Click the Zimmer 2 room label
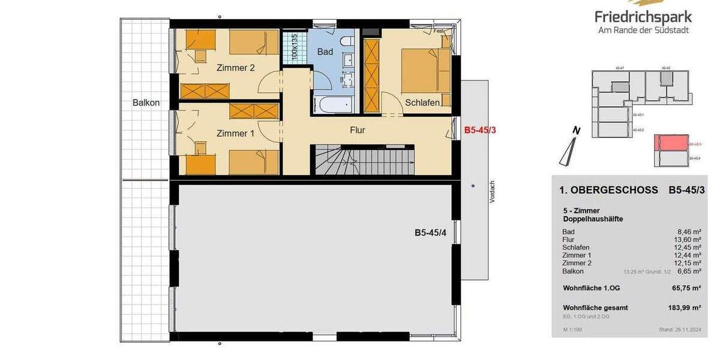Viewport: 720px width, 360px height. pos(235,68)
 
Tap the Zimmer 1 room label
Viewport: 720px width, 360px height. pos(235,133)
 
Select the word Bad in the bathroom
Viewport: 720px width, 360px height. pos(325,52)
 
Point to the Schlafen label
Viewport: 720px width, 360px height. pos(427,102)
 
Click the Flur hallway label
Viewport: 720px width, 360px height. pos(357,130)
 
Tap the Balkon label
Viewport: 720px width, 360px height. pos(146,103)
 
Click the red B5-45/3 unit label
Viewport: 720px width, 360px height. pos(480,129)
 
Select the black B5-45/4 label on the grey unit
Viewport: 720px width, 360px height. pos(431,233)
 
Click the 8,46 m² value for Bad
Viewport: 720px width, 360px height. pos(689,232)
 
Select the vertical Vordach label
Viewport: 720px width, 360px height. pos(492,192)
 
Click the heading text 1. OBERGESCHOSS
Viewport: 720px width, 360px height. pos(608,191)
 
